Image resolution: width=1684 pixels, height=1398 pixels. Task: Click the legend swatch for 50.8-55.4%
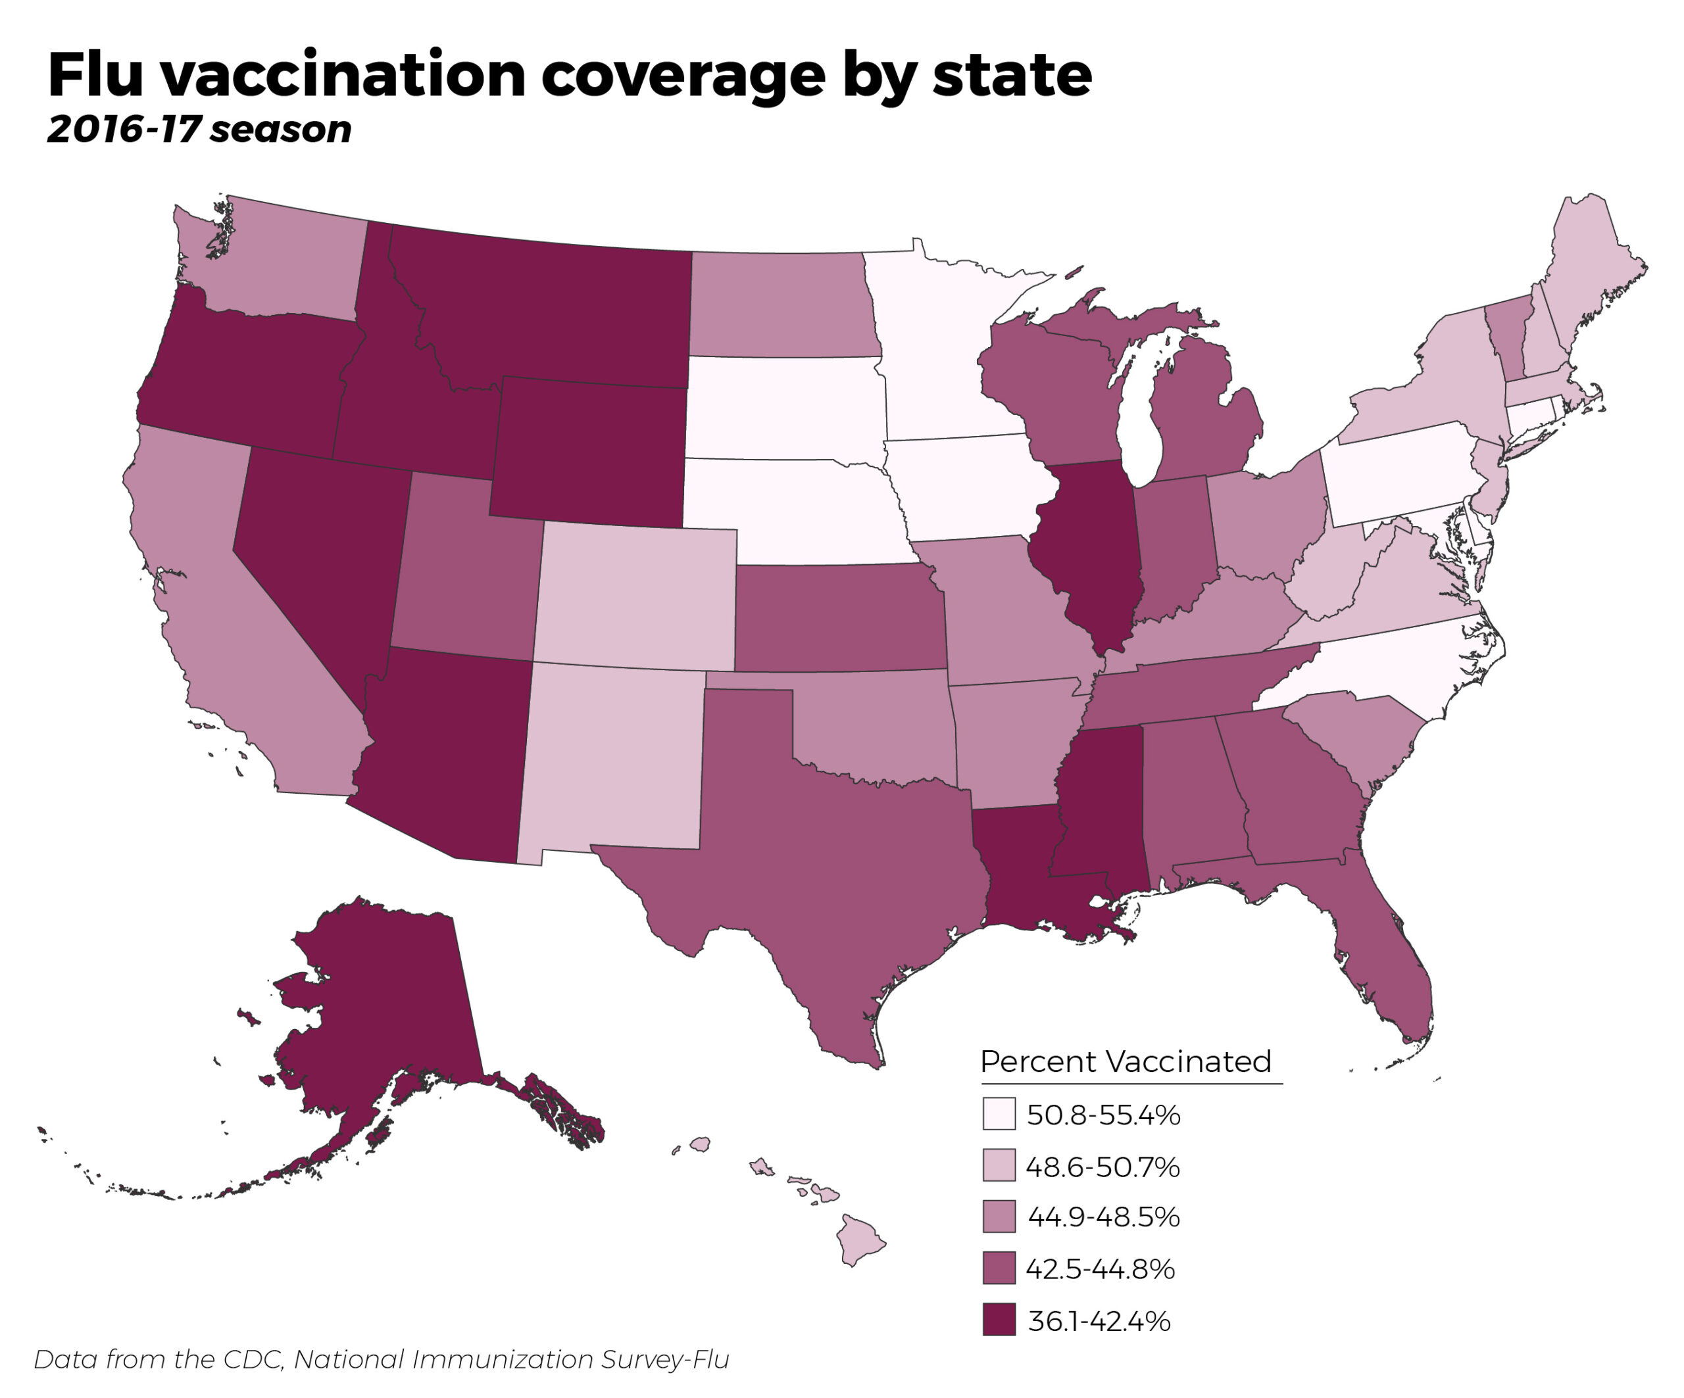[999, 1114]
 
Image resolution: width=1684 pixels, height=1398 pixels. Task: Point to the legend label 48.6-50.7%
[1103, 1167]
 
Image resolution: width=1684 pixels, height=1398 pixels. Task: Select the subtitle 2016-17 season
[199, 130]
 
